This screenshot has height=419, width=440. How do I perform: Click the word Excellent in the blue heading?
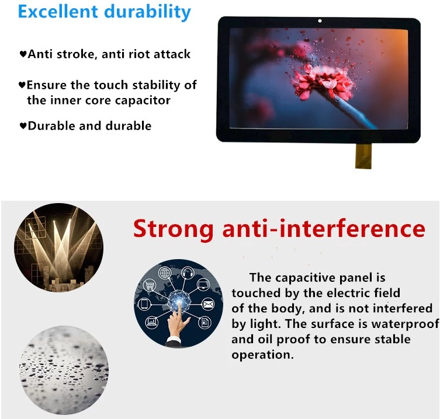pyautogui.click(x=58, y=12)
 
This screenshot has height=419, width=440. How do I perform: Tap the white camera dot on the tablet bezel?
pyautogui.click(x=320, y=21)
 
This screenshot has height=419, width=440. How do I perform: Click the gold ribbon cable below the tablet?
pyautogui.click(x=363, y=156)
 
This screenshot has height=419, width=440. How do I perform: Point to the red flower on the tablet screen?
pyautogui.click(x=320, y=81)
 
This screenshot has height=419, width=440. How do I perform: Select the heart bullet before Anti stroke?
pyautogui.click(x=23, y=54)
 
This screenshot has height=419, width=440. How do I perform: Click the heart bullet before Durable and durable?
pyautogui.click(x=23, y=126)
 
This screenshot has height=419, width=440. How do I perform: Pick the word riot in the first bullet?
pyautogui.click(x=138, y=54)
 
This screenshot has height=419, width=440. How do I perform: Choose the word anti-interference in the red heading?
pyautogui.click(x=324, y=229)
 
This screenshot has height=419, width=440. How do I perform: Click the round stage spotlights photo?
pyautogui.click(x=58, y=247)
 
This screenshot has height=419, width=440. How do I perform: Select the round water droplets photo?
pyautogui.click(x=64, y=370)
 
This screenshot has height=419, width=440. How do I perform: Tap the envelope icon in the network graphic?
pyautogui.click(x=208, y=304)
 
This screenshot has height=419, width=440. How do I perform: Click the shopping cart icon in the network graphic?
pyautogui.click(x=150, y=285)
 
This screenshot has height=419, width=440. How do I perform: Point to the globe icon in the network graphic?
pyautogui.click(x=165, y=273)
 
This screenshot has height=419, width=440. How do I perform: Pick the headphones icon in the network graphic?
pyautogui.click(x=188, y=273)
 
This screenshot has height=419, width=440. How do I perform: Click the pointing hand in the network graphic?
pyautogui.click(x=176, y=327)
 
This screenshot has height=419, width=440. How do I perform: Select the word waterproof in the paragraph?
pyautogui.click(x=405, y=324)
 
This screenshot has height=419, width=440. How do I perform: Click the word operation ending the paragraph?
pyautogui.click(x=262, y=355)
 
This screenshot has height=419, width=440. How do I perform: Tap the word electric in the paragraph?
pyautogui.click(x=348, y=293)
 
